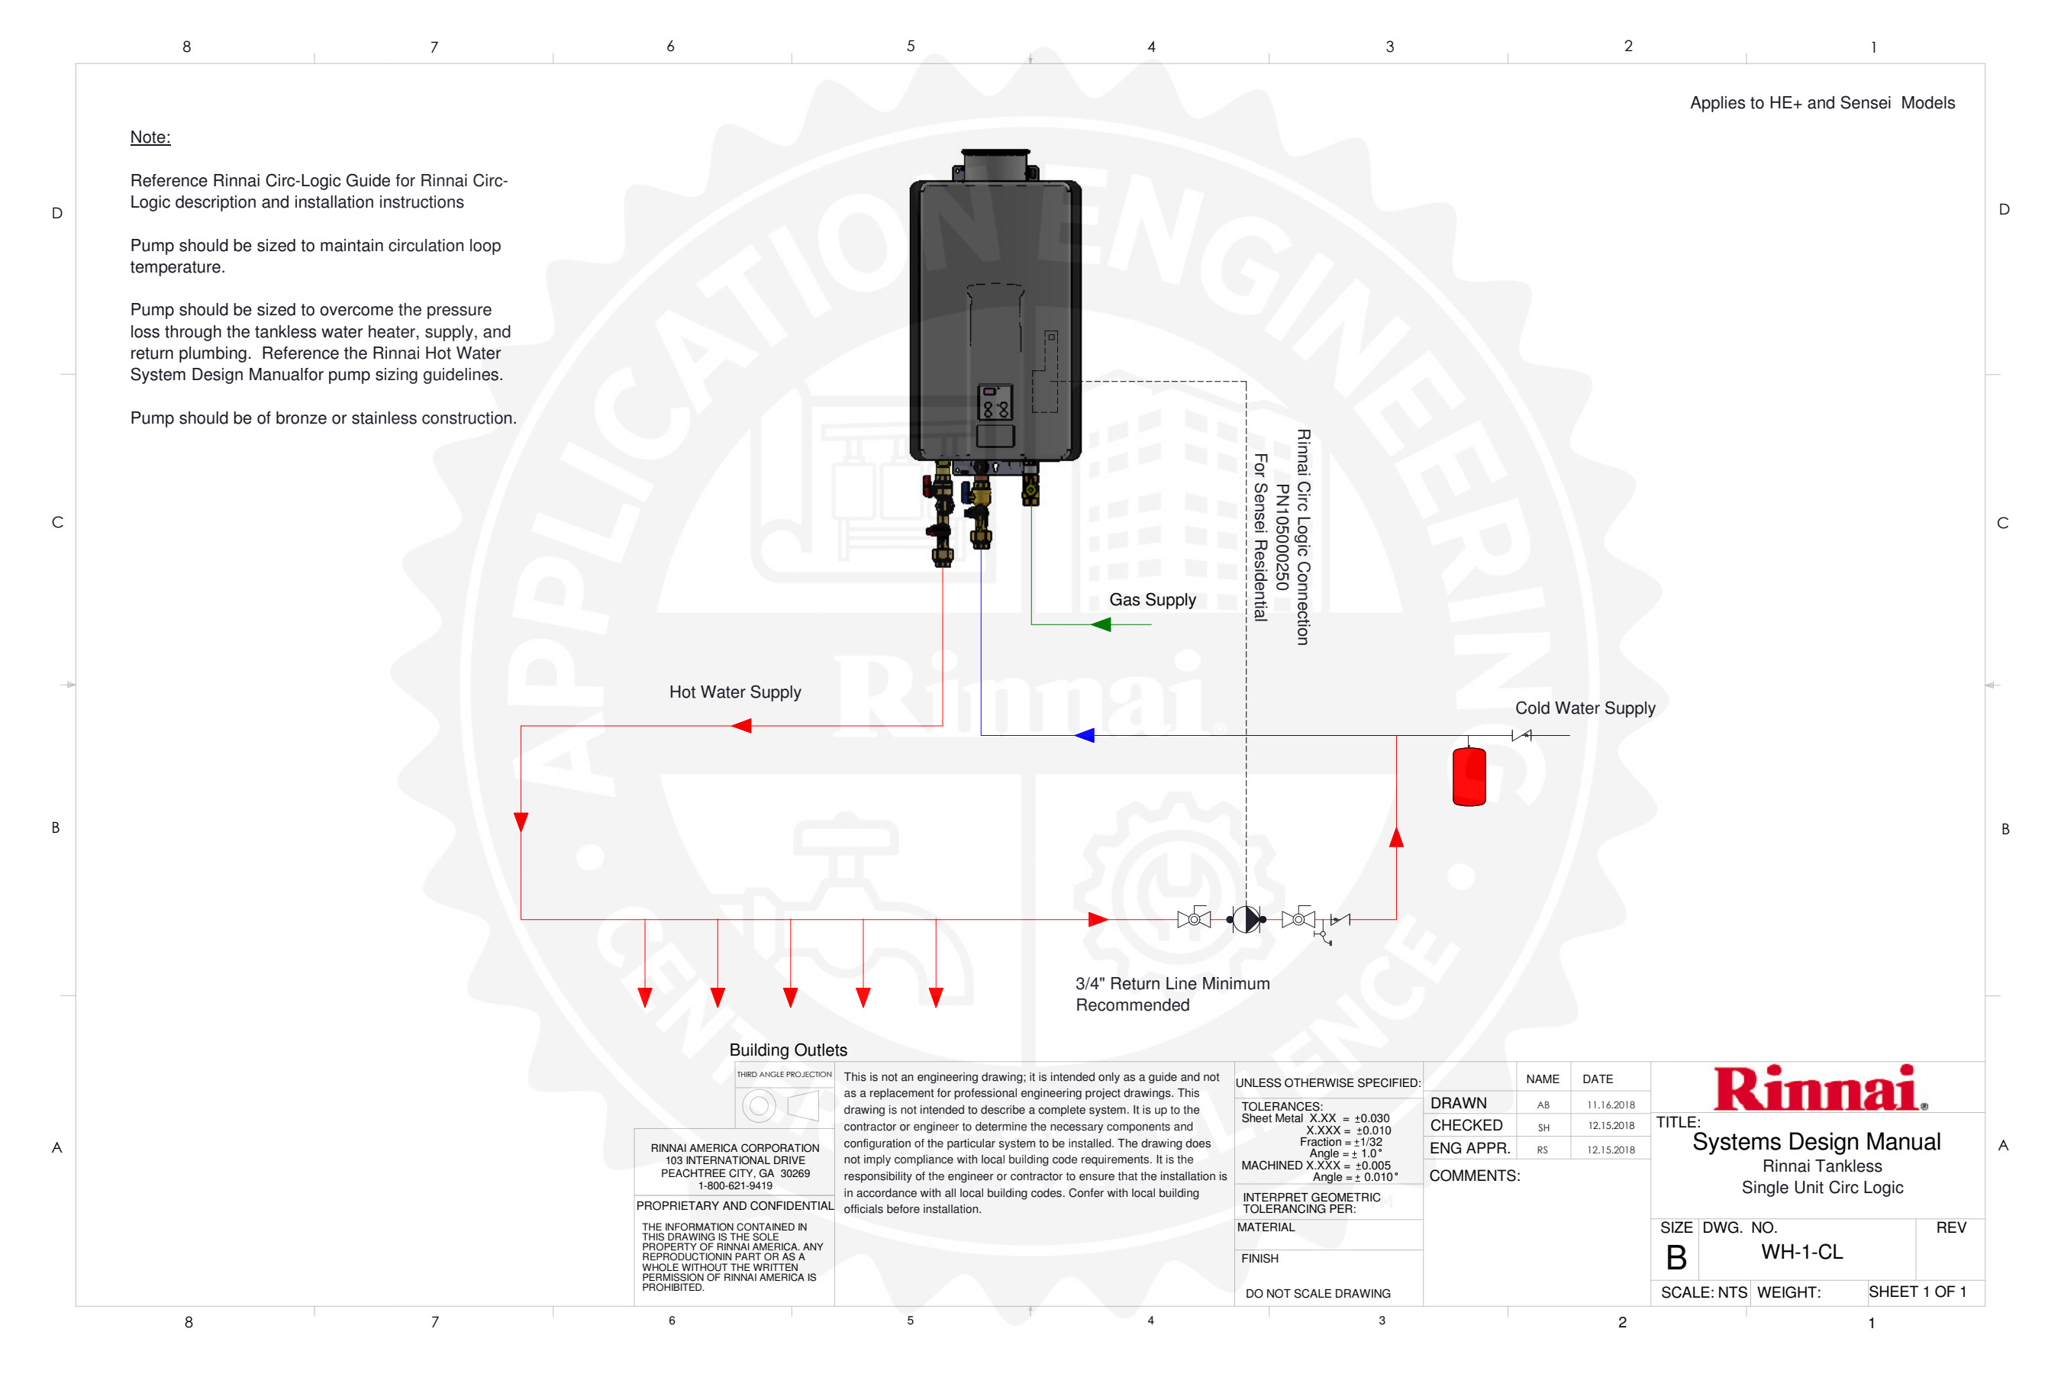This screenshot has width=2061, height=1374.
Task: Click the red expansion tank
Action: [1469, 776]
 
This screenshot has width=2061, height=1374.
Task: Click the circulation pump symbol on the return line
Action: [1246, 919]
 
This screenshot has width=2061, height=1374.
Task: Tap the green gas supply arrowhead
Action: [1101, 624]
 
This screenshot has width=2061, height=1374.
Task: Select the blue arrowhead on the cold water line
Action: [1085, 735]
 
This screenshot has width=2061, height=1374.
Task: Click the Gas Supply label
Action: [1153, 600]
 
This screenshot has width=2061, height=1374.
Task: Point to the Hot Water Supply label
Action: [734, 692]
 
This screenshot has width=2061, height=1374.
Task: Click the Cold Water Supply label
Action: [1585, 708]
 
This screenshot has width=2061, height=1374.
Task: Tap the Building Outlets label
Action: [788, 1050]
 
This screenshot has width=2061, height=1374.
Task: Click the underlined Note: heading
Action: [150, 137]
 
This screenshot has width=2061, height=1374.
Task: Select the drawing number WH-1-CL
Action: [1801, 1252]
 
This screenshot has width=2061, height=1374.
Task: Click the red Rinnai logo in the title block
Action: [1819, 1089]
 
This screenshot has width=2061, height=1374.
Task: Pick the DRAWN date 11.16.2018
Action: [1611, 1105]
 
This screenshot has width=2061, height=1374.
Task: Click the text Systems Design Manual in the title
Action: [1816, 1142]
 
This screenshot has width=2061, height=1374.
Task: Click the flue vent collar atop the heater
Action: [995, 165]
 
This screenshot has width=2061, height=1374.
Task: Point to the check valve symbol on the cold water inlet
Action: [1522, 735]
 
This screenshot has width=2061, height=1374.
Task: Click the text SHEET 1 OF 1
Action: [1917, 1292]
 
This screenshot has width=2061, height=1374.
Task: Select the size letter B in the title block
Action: [1676, 1258]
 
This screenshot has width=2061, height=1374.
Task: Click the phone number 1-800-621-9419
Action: [734, 1185]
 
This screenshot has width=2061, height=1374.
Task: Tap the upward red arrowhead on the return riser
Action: [1396, 837]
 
